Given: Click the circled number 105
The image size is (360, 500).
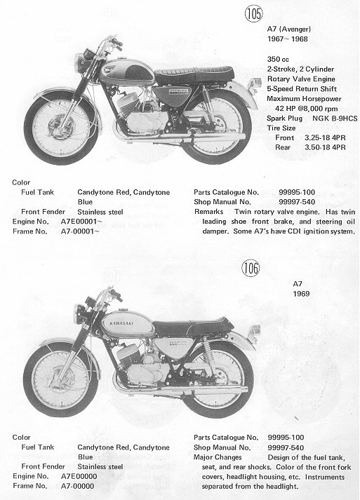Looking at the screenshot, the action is pos(254,13).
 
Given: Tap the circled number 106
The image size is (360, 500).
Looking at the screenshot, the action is pos(251,268).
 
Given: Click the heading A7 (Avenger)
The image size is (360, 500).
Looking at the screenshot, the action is pos(289,29).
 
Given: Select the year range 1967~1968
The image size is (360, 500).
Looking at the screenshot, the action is pos(288,39).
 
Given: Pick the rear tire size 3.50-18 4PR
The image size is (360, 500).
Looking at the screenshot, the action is pos(325,147).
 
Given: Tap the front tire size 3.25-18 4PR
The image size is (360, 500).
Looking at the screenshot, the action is pos(325,137).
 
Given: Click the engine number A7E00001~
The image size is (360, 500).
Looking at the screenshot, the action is pos(81,222).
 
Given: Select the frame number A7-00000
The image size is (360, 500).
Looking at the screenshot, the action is pos(77,486).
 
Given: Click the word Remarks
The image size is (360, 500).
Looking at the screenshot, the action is pos(208,212).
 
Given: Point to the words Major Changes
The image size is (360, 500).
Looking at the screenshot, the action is pos(218,457).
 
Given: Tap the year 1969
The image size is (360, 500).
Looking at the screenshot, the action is pos(301,294).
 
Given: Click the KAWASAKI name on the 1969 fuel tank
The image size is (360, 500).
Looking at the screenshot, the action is pos(121,323).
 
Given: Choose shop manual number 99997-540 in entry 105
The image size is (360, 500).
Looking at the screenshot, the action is pos(297,202).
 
